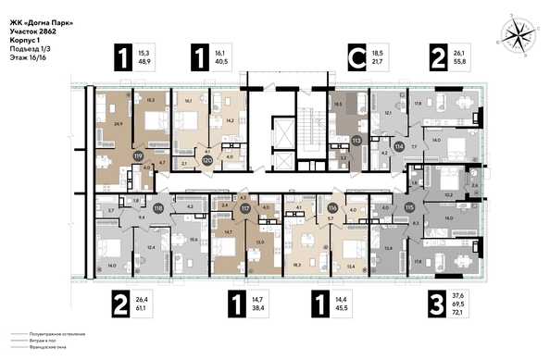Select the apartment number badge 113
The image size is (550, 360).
[356, 141]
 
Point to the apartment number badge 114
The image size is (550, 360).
[399, 146]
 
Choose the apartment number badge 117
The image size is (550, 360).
[245, 209]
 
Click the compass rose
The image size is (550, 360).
[514, 37]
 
